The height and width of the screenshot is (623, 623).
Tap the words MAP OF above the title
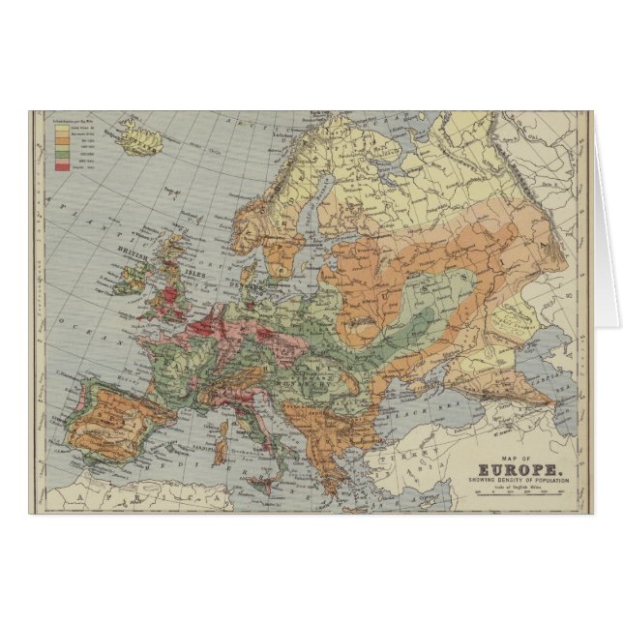(521, 458)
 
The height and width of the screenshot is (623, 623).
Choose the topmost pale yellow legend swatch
(60, 125)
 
